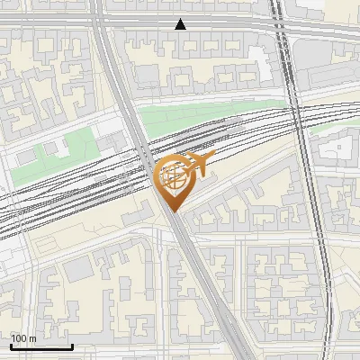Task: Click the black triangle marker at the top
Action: [181, 24]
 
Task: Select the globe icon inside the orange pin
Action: [174, 177]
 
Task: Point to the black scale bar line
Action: [41, 346]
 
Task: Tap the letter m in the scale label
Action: [32, 338]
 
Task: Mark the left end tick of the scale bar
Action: [11, 345]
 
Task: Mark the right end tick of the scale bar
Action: [72, 345]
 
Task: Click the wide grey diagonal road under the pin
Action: [193, 261]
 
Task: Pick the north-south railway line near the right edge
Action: [315, 225]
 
